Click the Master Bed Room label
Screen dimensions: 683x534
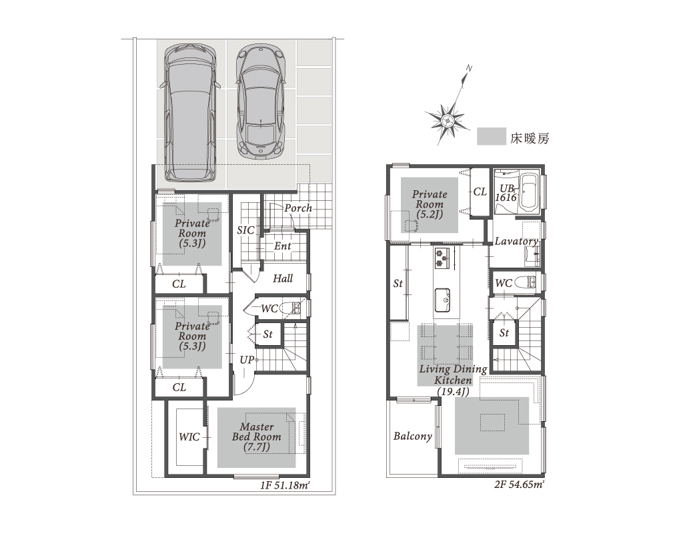coord(257,437)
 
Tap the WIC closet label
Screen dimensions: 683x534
coord(189,437)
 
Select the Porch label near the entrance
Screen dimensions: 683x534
coord(298,208)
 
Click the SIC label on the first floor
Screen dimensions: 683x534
coord(245,230)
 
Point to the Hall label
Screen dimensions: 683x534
coord(283,278)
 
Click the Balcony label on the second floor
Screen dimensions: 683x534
coord(412,436)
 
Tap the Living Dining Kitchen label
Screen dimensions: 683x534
coord(453,380)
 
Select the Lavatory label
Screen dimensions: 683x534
coord(516,241)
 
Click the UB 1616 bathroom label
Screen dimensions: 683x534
coord(506,193)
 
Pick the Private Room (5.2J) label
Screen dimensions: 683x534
coord(430,204)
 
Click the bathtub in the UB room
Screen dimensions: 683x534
coord(529,193)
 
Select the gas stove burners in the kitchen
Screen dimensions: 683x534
coord(442,257)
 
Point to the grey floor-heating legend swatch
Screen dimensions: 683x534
coord(492,136)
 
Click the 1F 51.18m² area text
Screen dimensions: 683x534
coord(285,485)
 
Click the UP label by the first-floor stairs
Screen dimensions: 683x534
coord(247,360)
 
